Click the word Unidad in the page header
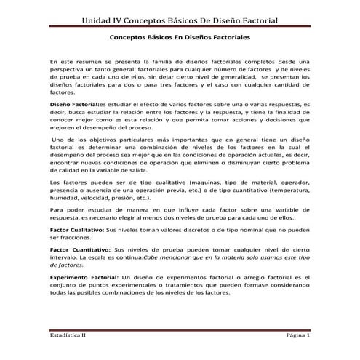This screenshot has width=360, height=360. click(102, 17)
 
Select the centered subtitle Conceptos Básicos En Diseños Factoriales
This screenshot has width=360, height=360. click(180, 35)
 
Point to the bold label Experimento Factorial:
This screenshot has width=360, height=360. click(83, 278)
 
